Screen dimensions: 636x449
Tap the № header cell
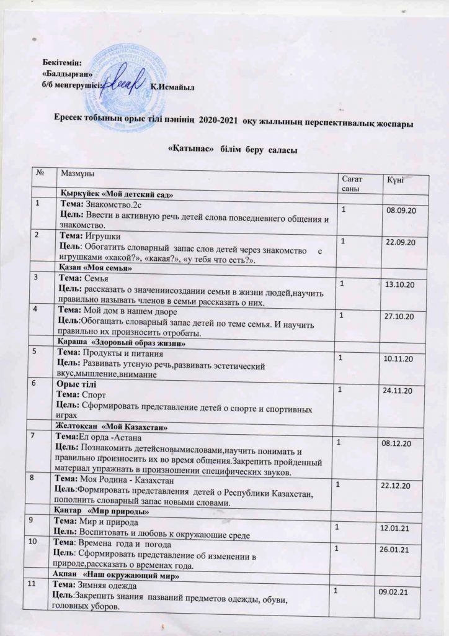click(x=42, y=176)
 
